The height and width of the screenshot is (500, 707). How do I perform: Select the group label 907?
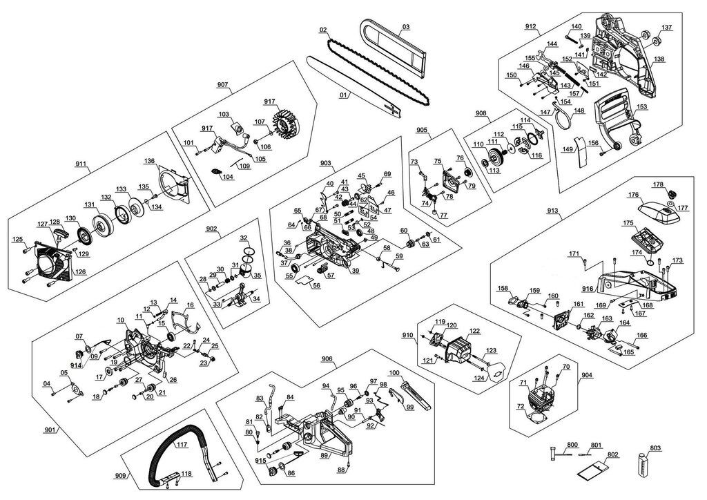tap(222, 85)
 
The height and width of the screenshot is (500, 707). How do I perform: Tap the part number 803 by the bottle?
tap(655, 448)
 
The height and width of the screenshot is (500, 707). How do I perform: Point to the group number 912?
tap(530, 26)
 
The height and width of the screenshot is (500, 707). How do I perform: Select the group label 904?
tap(586, 375)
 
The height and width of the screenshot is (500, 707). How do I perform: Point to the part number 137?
tap(666, 28)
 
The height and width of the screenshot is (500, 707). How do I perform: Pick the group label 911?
tap(82, 165)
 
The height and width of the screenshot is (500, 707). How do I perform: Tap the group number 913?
tap(552, 211)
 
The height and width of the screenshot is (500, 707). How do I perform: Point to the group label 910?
tap(407, 335)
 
